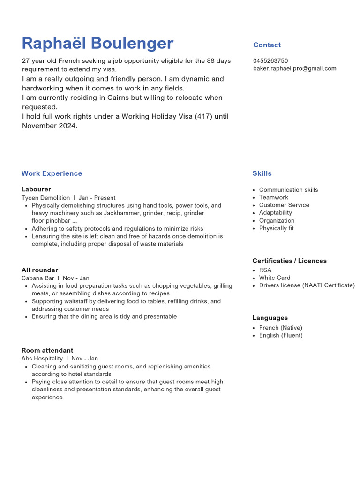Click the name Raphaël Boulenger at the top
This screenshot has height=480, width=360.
(97, 43)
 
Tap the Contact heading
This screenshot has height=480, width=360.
(267, 45)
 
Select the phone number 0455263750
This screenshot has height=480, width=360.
(270, 61)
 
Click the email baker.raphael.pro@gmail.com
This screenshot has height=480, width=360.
(294, 68)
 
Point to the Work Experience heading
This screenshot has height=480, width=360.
(52, 173)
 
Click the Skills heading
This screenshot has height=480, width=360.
(262, 173)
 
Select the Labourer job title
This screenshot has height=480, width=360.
(36, 189)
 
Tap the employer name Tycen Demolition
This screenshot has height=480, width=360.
(45, 198)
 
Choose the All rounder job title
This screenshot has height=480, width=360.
(40, 270)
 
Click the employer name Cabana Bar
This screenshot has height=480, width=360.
(38, 278)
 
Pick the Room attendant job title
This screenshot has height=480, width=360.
(47, 350)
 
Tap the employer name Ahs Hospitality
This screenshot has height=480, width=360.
(42, 359)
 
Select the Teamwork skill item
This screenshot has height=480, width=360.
(273, 197)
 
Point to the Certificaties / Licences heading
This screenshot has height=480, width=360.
(289, 261)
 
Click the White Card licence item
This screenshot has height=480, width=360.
(274, 277)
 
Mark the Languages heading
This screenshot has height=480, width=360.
(270, 318)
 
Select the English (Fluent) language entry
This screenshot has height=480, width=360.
(280, 335)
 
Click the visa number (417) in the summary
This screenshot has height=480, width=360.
(204, 116)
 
